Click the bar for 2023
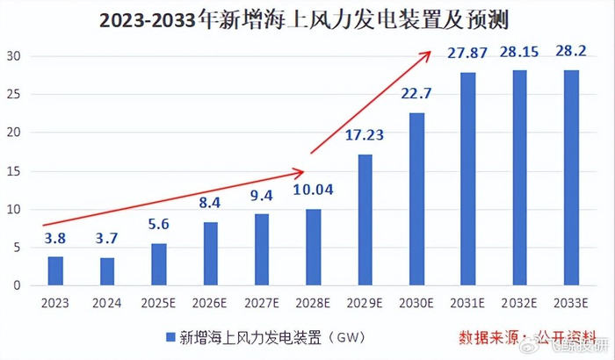point(55,270)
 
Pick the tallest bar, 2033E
point(572,177)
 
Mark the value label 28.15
point(520,53)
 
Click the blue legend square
point(169,335)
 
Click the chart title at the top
point(307,18)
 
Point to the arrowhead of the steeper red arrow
point(428,53)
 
